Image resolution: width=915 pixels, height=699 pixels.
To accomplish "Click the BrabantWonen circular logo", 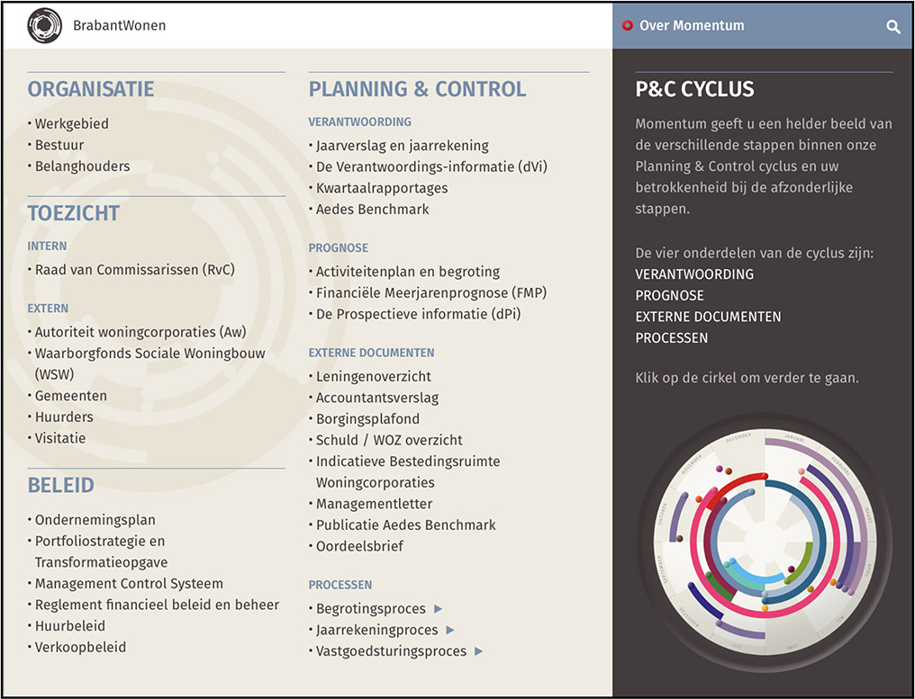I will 45,26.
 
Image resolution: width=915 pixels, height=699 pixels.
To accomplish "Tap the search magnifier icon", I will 892,27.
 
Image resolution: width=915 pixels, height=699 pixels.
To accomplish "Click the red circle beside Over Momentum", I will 628,26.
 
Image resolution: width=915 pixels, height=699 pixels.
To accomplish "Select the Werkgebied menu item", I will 71,123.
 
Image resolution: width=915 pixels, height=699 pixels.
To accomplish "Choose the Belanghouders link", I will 82,166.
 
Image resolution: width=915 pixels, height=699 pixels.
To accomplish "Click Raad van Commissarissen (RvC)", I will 135,270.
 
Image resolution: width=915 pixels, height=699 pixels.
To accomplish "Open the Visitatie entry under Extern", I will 60,438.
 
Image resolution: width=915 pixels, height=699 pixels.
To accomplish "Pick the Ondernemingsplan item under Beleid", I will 95,520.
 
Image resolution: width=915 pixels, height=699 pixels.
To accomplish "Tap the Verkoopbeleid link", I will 80,648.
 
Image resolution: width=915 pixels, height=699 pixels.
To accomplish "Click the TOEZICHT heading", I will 74,213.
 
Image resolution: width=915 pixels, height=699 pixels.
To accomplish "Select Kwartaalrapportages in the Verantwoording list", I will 381,188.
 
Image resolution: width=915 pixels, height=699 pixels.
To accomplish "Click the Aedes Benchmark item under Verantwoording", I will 372,210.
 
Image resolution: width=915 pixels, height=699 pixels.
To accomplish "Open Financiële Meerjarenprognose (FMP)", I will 430,293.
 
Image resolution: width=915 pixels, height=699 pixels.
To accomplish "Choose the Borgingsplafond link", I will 367,419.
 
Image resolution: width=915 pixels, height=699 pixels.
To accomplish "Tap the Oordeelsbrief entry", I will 359,547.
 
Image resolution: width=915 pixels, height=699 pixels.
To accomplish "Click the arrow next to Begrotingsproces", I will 439,609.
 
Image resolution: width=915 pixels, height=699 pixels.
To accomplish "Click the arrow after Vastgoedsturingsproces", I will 478,651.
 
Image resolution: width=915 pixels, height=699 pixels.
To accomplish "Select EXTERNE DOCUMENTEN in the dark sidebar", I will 708,317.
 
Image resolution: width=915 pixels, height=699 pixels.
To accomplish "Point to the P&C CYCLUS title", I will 694,89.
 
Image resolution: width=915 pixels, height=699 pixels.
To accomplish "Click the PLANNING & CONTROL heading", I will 417,89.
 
